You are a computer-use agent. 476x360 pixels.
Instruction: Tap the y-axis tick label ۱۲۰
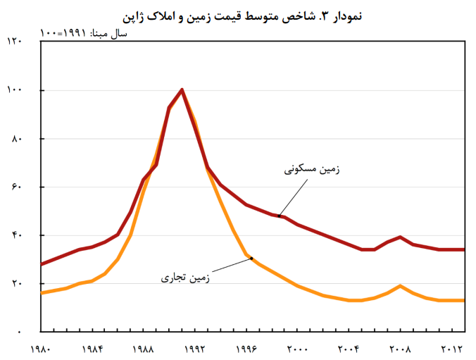15,42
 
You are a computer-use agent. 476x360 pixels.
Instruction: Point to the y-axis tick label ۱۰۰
15,90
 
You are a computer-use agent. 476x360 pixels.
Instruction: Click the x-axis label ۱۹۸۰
42,348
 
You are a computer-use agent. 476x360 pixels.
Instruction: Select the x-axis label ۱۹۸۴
92,348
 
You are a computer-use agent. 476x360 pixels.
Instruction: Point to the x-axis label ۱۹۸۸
143,348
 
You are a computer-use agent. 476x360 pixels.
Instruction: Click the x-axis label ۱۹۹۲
194,348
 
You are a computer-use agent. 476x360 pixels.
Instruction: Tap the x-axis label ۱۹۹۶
246,348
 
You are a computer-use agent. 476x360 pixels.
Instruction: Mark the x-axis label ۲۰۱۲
451,348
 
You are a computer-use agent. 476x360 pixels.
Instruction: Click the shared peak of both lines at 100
182,90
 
